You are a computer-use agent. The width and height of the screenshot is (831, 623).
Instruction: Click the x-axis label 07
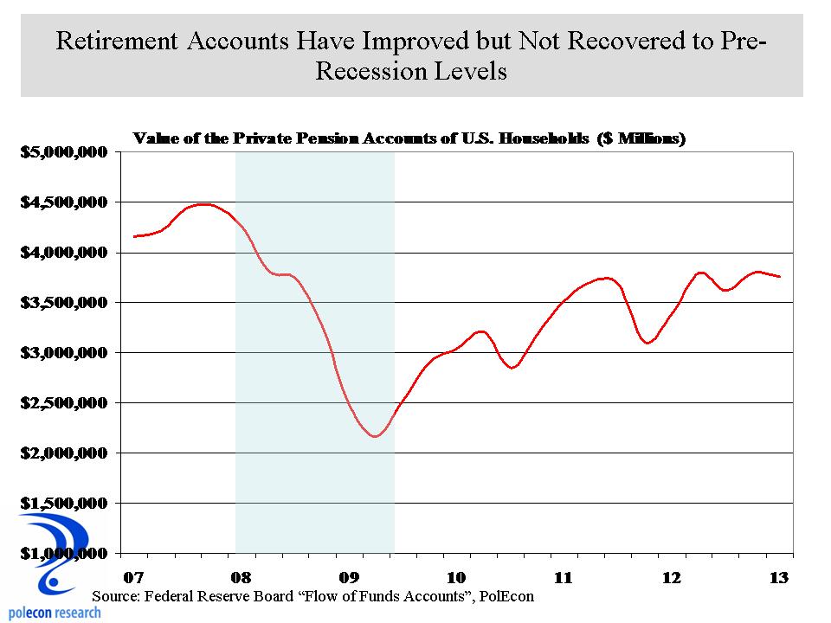click(x=132, y=577)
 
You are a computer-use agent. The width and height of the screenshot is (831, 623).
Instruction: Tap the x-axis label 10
click(x=456, y=577)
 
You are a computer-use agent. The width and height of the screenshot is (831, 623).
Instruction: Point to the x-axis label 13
click(x=779, y=577)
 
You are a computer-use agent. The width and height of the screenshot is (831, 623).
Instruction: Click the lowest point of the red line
click(x=374, y=436)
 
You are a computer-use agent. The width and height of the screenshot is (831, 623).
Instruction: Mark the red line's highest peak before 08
click(x=203, y=204)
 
